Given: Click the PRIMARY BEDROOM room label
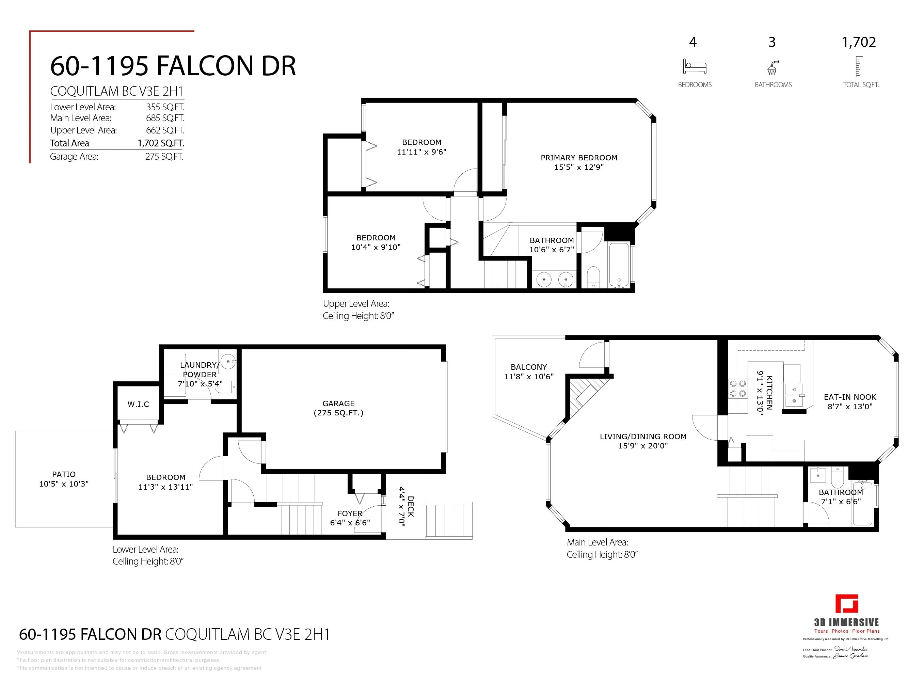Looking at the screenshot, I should [578, 158].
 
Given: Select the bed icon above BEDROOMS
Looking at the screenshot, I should [694, 66].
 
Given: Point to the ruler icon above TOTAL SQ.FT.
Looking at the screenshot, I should [859, 66].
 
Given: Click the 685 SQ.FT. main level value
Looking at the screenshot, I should [165, 118].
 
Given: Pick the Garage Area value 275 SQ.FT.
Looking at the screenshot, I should [164, 156].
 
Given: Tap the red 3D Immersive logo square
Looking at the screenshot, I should [846, 603].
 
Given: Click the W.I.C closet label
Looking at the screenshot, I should [138, 404].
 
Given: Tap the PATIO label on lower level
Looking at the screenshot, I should [64, 474].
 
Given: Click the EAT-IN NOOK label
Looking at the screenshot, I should [850, 397].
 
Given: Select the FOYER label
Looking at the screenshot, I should [350, 513].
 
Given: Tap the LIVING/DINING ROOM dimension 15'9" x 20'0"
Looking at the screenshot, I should [643, 446].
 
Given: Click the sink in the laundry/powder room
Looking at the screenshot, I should [227, 362].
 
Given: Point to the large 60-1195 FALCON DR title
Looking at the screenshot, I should [173, 66].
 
